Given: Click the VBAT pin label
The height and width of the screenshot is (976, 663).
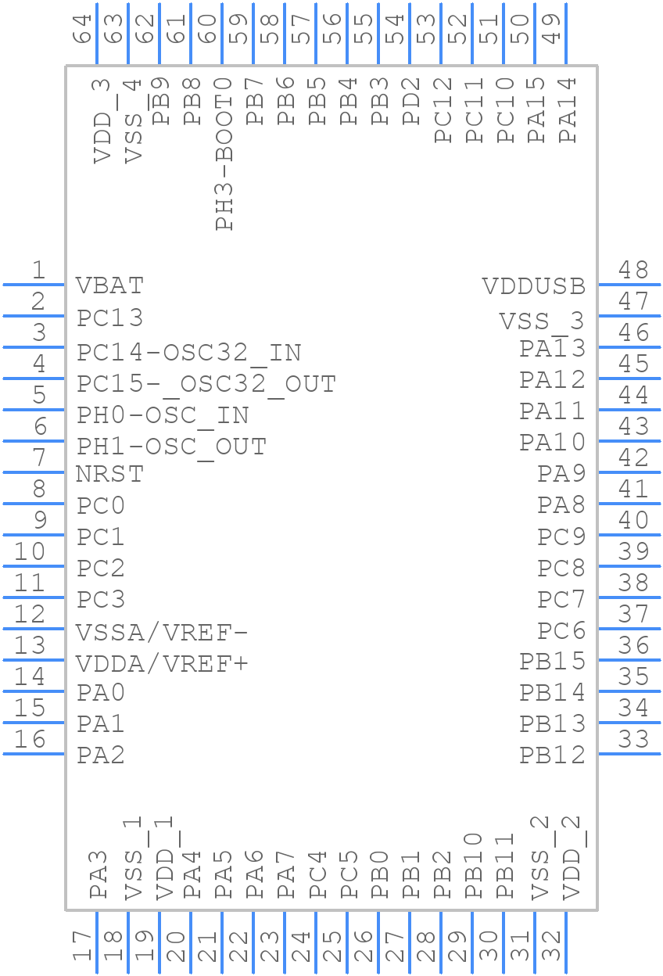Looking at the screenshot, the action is point(109,285).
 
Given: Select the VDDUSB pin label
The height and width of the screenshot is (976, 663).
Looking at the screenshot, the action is point(534,286).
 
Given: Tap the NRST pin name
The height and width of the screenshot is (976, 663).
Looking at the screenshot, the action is point(109,474).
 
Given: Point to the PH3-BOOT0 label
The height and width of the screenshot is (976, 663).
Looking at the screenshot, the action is point(224,154).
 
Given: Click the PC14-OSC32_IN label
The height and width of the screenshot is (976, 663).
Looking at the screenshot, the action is point(188,353).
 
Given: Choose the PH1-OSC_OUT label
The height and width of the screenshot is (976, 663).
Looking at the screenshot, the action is point(171,447).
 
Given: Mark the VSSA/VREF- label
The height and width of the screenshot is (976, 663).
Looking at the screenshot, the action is point(162,633).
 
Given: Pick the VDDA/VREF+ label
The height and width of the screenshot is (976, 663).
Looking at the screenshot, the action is point(162,664).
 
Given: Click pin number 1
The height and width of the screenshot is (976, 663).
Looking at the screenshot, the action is point(39,270).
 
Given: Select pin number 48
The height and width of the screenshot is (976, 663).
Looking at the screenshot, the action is point(633,270).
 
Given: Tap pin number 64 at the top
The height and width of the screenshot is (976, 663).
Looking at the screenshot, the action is point(82,29).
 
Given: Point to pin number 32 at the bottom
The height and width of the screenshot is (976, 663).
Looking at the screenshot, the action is point(551,946).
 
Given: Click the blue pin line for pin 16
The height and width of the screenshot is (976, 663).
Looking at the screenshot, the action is point(34,754).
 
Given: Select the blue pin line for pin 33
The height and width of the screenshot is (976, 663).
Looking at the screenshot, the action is point(629,754).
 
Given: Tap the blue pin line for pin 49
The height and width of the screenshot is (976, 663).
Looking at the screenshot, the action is point(566,34).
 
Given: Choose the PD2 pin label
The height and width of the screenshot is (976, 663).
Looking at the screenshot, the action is point(410,101).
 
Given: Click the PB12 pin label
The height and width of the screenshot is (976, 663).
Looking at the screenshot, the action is point(552,755).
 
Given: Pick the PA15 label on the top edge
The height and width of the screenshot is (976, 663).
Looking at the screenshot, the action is point(536,109).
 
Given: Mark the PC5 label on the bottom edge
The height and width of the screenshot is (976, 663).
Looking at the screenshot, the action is point(349,874).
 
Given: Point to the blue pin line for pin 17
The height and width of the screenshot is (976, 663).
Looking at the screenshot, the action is point(97,942).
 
